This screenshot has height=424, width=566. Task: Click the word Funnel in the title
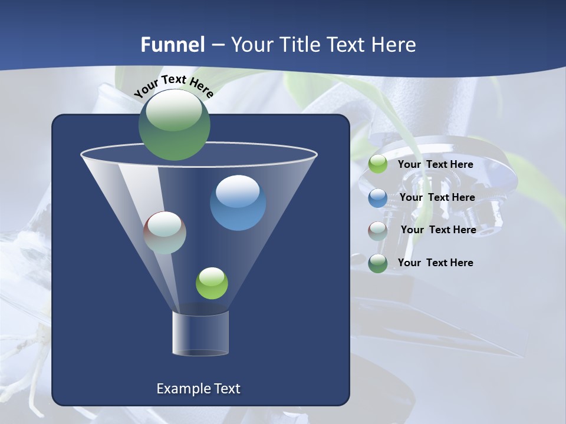172,45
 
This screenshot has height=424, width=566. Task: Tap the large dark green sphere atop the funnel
175,124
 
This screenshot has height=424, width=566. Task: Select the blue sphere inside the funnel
238,202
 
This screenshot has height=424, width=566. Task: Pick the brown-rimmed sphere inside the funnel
165,233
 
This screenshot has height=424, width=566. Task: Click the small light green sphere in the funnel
212,283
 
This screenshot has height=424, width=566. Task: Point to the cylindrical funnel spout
200,333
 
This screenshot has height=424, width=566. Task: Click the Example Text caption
198,389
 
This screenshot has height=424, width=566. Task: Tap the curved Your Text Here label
173,86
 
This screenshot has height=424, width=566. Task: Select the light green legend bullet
378,164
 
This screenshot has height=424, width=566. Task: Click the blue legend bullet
378,197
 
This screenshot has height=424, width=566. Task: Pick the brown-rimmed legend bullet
378,230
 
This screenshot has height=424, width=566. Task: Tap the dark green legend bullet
378,263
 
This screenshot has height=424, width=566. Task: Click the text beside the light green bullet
436,164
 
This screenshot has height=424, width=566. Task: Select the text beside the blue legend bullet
437,197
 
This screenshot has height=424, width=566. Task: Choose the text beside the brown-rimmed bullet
438,230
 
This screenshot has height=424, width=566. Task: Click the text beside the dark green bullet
436,263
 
